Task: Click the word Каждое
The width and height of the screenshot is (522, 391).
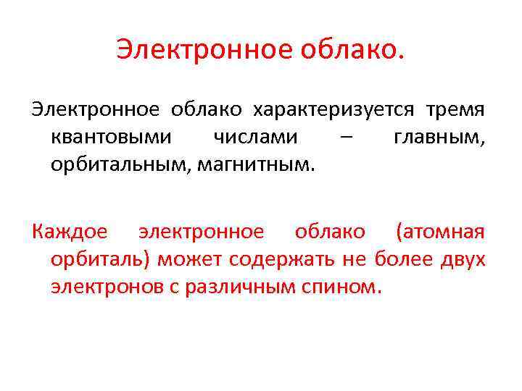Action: (x=70, y=232)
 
